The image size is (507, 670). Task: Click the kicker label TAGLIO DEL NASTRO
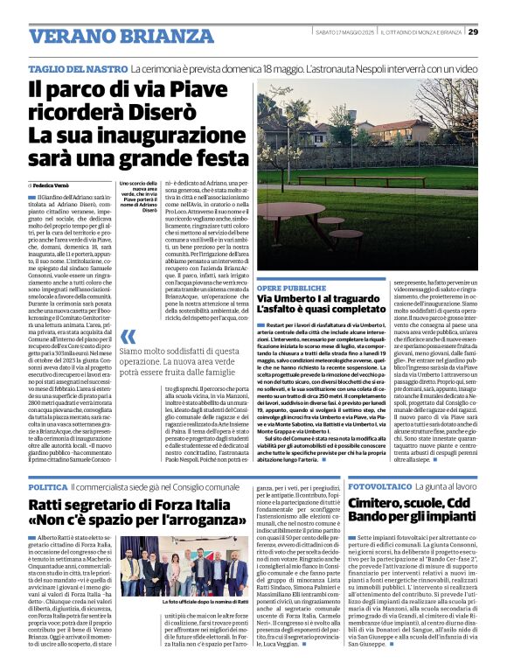tap(77, 67)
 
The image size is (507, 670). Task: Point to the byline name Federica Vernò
tap(54, 186)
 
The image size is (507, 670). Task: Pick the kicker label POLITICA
tap(47, 485)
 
